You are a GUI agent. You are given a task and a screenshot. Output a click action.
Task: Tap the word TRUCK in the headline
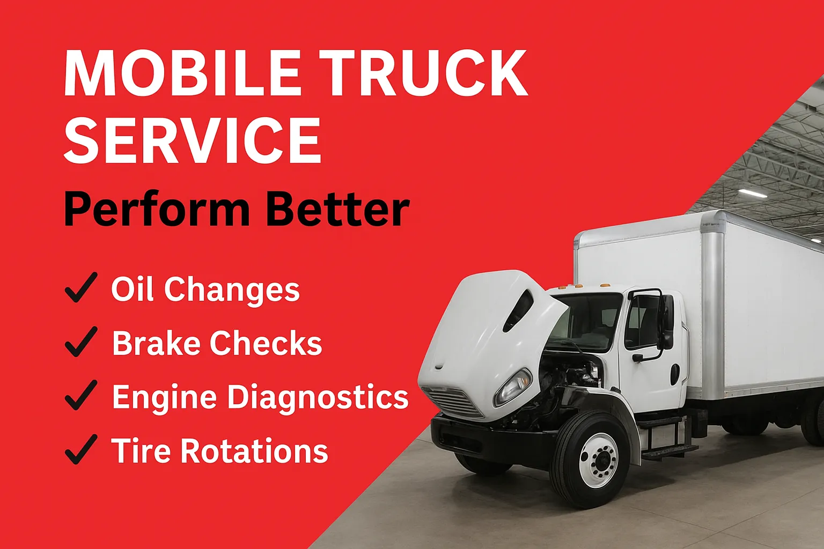point(423,72)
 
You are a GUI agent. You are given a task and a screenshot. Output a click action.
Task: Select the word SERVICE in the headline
point(193,140)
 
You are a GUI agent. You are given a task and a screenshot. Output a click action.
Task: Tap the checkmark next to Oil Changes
point(82,287)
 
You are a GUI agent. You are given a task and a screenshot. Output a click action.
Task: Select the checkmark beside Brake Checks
point(82,342)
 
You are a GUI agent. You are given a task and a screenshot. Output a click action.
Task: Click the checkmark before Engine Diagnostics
point(82,395)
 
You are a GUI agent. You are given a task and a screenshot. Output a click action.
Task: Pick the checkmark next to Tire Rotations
point(82,449)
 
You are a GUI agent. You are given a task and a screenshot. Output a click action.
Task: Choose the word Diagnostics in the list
point(318,398)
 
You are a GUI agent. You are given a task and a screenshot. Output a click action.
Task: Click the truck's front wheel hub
point(599,461)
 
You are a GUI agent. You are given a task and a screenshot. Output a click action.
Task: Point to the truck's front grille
point(455,402)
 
